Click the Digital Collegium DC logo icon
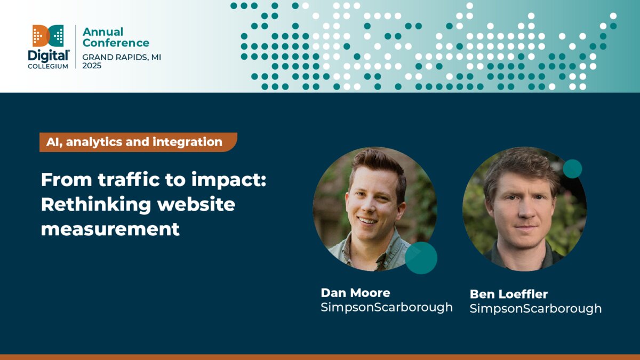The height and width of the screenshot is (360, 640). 48,36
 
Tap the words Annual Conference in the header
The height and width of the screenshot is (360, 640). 116,37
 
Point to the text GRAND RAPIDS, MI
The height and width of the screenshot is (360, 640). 122,57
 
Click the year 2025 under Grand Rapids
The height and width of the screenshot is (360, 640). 92,66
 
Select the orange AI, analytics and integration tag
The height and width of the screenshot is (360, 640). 138,142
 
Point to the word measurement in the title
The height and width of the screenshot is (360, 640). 110,229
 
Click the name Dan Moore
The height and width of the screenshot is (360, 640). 355,293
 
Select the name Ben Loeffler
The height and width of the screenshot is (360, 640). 508,294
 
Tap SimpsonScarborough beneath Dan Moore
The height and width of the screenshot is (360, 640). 386,308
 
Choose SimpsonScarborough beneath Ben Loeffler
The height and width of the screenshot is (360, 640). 535,309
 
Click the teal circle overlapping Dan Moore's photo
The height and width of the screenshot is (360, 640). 421,258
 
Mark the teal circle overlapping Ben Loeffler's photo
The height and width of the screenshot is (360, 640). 572,169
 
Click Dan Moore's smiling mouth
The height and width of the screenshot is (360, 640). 366,220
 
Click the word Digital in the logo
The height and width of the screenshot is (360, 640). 49,55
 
